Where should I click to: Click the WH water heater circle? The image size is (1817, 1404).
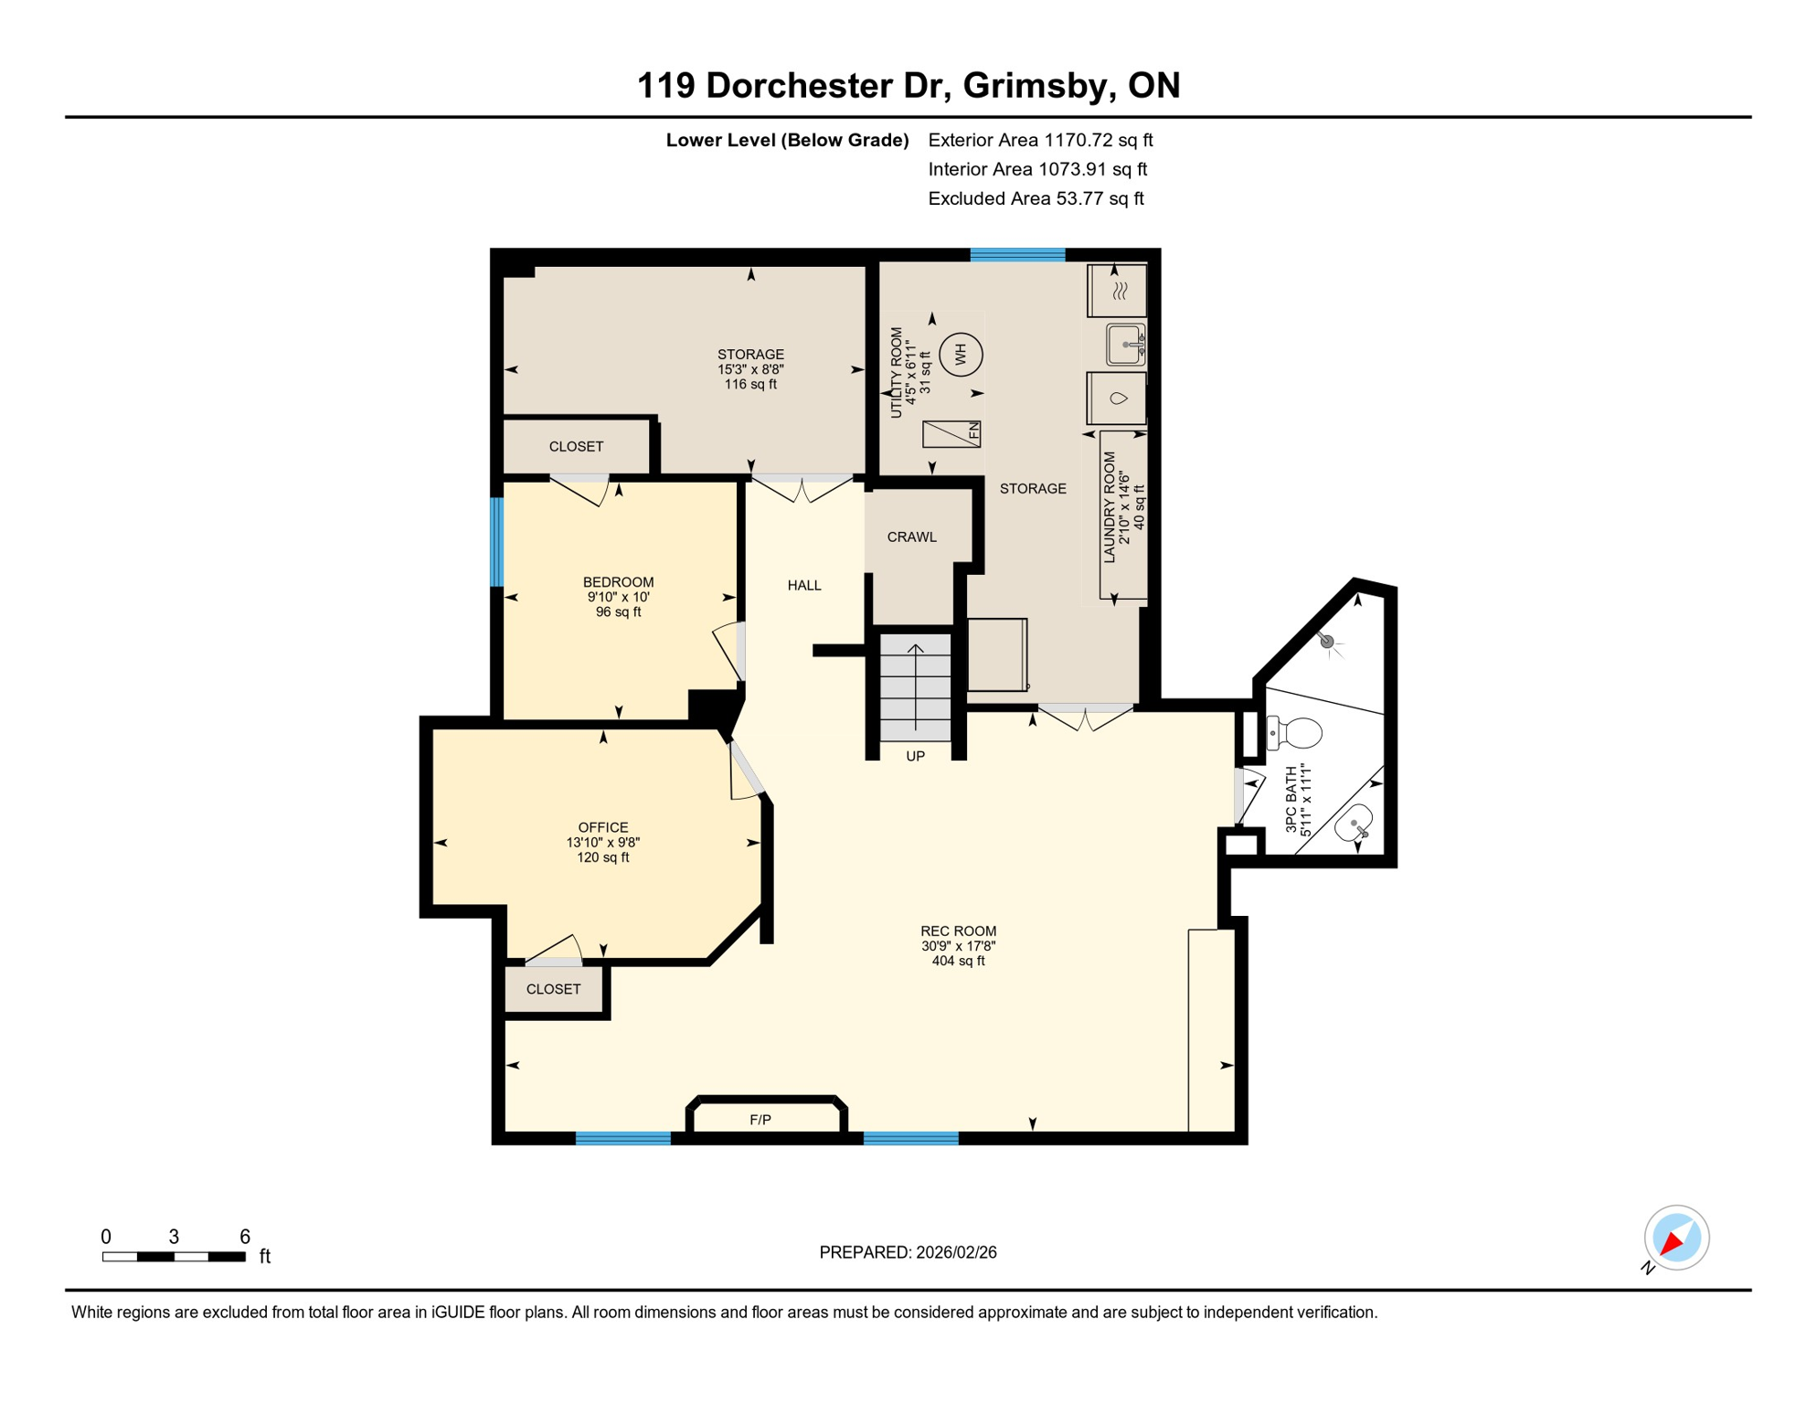(960, 354)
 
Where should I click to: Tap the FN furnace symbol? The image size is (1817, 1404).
(951, 433)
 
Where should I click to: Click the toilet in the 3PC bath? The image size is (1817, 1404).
(1296, 732)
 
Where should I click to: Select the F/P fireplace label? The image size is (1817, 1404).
(760, 1120)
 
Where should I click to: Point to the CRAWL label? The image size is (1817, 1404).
(911, 537)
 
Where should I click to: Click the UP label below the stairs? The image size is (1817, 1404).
(915, 756)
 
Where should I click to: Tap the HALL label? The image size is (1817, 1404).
(804, 585)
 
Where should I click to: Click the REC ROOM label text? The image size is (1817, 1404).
(958, 931)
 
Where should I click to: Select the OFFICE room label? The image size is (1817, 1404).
(602, 827)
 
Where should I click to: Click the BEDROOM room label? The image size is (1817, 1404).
(618, 582)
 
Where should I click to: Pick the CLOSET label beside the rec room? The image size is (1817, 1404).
(553, 989)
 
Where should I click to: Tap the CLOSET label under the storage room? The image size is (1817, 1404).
(576, 447)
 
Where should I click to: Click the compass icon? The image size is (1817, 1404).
(1676, 1238)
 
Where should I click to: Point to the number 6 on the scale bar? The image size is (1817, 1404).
(245, 1237)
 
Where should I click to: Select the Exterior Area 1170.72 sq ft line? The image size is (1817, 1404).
(1040, 140)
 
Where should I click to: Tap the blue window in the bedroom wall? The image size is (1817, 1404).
(497, 542)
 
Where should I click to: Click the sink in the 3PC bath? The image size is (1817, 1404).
(1355, 824)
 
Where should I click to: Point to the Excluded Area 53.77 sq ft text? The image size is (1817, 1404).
(1036, 198)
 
